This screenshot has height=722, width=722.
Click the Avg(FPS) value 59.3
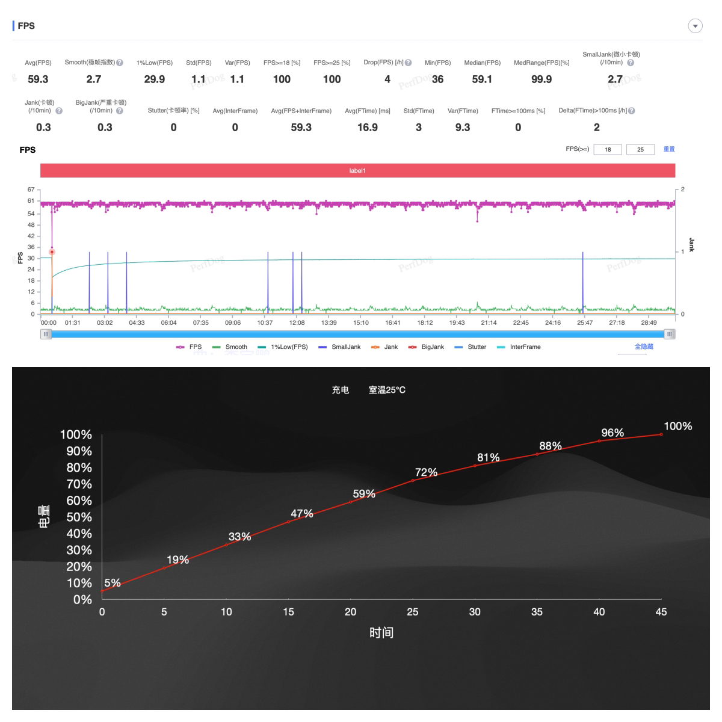tap(38, 79)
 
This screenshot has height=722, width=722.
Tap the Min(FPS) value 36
tap(437, 79)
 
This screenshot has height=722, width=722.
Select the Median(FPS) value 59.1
tap(482, 79)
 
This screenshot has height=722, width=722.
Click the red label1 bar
tap(357, 171)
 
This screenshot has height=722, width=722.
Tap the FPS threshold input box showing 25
tap(640, 149)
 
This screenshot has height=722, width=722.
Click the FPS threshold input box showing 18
tap(608, 149)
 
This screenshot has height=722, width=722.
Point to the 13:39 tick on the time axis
tap(329, 322)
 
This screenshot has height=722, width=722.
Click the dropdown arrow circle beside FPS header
tap(695, 26)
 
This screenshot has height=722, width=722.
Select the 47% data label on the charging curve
tap(302, 514)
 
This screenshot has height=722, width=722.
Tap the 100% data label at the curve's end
tap(678, 426)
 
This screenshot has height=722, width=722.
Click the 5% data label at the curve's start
tap(113, 583)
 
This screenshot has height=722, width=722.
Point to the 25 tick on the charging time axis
tap(413, 612)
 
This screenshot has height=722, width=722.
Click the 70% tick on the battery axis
tap(79, 484)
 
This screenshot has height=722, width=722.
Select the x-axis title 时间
tap(381, 632)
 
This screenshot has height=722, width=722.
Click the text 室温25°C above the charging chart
tap(387, 390)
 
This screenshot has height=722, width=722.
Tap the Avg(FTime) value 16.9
tap(368, 127)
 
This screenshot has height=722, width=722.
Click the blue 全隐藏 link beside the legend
tap(644, 347)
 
